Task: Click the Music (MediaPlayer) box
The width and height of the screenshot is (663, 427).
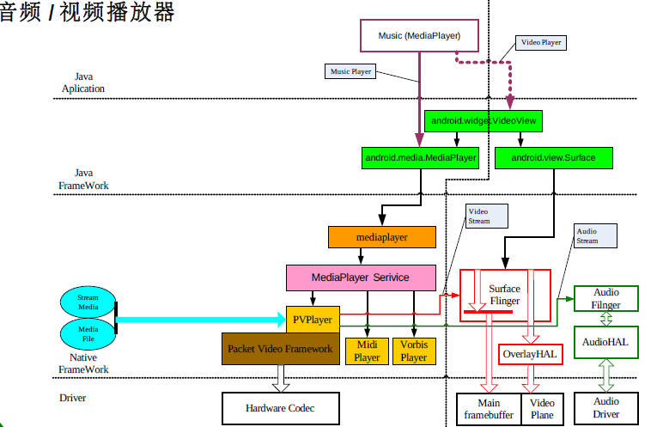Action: click(x=420, y=36)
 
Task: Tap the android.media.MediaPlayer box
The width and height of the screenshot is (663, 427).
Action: click(x=421, y=158)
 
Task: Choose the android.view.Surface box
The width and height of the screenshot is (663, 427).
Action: click(x=553, y=158)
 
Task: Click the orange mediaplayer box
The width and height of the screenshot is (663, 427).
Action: click(x=382, y=236)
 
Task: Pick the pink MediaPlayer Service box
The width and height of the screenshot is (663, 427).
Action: click(x=361, y=278)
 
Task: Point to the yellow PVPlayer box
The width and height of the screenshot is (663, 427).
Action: click(x=312, y=319)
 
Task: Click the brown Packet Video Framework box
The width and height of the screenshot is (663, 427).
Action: click(x=280, y=349)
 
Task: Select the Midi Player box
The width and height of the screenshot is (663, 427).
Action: click(x=367, y=351)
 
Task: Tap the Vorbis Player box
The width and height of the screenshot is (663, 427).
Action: click(x=414, y=351)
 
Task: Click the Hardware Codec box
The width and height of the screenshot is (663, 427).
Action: click(x=280, y=408)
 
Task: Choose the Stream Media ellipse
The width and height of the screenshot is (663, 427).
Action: click(x=88, y=302)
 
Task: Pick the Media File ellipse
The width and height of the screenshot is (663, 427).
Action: click(x=88, y=332)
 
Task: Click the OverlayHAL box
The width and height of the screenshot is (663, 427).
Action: click(x=530, y=353)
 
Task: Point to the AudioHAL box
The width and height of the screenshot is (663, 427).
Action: click(x=605, y=341)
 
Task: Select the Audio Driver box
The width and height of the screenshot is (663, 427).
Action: click(x=605, y=407)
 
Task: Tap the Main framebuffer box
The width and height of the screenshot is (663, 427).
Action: click(x=488, y=409)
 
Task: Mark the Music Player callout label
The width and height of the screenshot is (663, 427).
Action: click(x=350, y=71)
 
